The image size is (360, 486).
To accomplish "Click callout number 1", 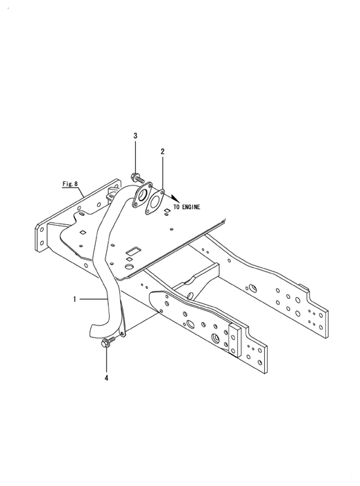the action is pos(74,299).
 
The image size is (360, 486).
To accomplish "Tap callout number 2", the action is pos(162,151).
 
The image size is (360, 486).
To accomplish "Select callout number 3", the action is pos(135,135).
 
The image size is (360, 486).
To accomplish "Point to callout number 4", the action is pos(106,378).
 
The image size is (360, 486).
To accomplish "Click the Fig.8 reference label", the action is pos(69,184).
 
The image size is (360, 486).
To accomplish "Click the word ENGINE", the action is pos(191,207).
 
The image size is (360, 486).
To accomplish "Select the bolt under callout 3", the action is pos(138,178).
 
